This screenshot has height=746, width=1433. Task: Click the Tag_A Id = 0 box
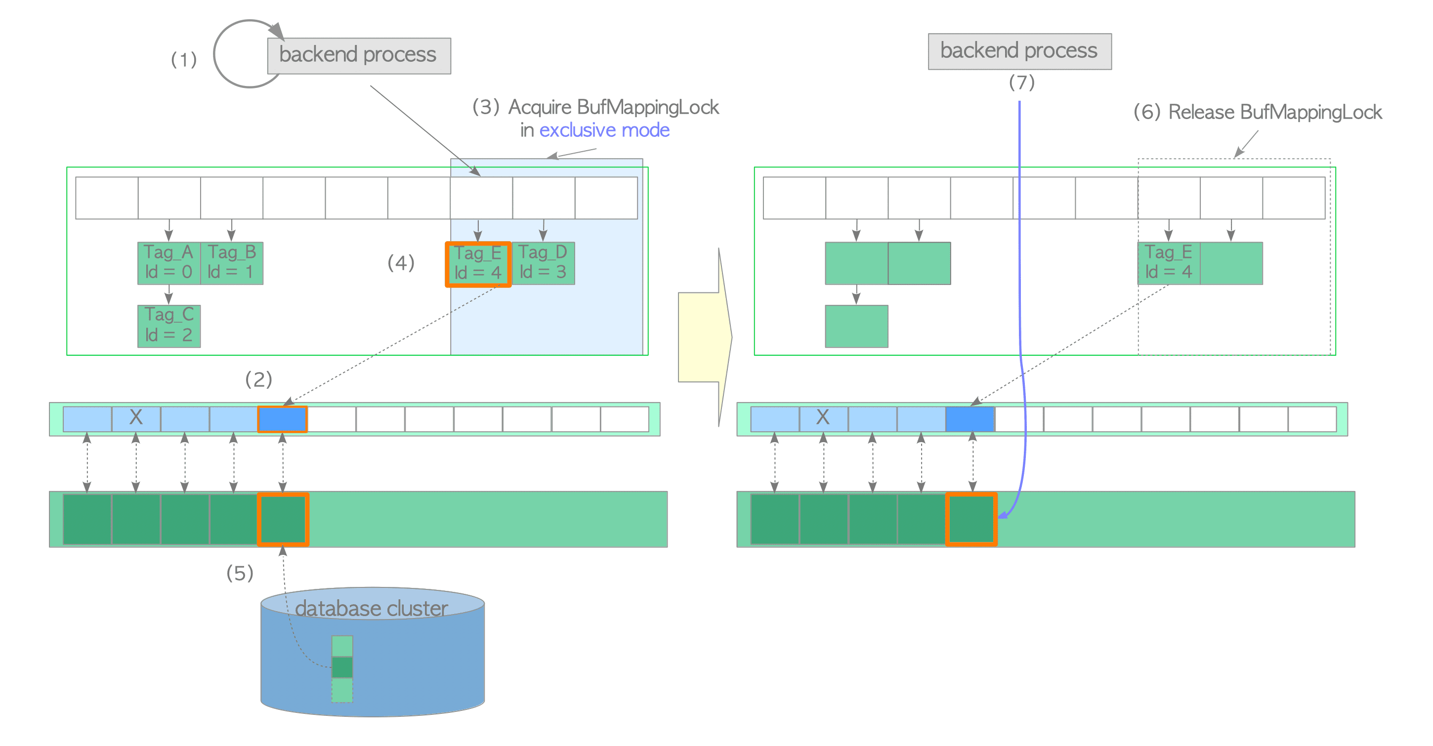pos(169,262)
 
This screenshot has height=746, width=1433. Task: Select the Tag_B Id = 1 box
pos(231,262)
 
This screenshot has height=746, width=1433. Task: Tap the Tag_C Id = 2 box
pos(169,326)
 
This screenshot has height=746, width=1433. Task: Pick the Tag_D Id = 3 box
pos(543,262)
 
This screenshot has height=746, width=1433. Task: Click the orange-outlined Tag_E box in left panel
pos(478,264)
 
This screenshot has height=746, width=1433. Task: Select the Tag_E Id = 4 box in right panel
pos(1168,262)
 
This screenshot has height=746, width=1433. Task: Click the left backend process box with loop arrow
pos(359,56)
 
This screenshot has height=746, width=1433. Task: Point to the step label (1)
pos(184,59)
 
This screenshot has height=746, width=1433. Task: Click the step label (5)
pos(240,573)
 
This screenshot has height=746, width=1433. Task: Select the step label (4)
pos(401,262)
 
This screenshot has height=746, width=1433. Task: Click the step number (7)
pos(1021,83)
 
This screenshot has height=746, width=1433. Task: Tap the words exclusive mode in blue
pos(604,130)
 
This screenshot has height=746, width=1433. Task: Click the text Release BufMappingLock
pos(1274,112)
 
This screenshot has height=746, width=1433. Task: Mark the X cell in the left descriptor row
pos(136,418)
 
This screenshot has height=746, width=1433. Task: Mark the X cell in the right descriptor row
pos(823,418)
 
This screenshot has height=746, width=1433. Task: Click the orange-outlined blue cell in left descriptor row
pos(283,419)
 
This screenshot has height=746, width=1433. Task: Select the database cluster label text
pos(371,608)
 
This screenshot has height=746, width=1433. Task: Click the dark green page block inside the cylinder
pos(342,667)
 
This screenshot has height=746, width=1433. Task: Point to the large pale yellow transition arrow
pos(704,337)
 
